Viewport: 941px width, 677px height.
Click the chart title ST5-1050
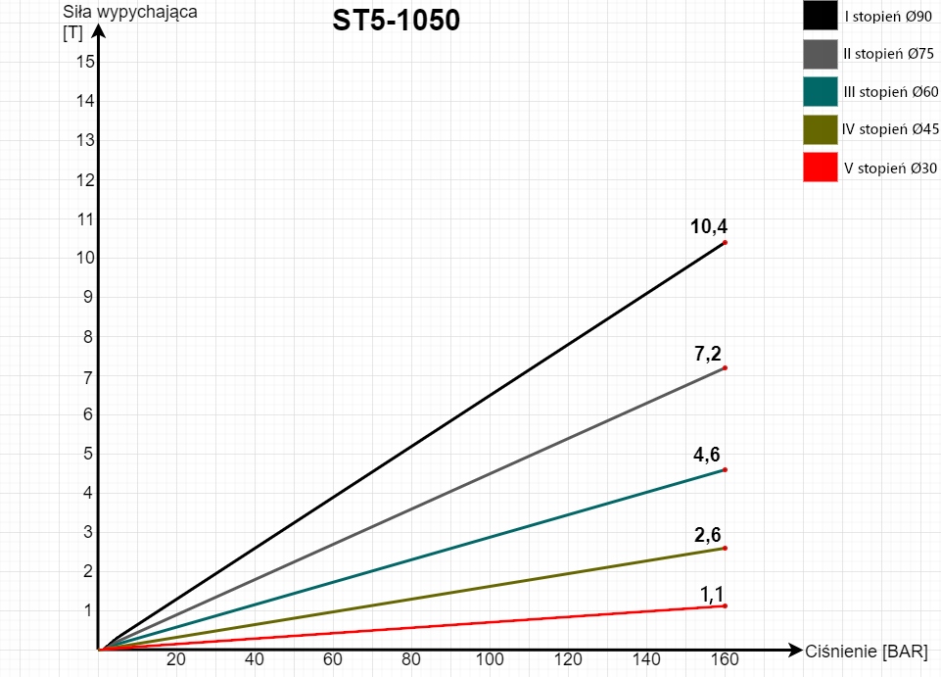click(396, 21)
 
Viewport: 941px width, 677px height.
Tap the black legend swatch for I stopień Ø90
click(820, 17)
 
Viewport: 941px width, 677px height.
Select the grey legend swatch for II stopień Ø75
click(820, 55)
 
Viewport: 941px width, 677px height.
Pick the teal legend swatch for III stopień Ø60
click(820, 92)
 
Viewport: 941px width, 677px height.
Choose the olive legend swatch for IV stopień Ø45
click(820, 130)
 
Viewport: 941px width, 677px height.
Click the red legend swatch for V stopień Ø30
click(820, 168)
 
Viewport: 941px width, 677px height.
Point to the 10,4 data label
click(708, 226)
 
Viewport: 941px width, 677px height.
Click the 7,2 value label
click(708, 354)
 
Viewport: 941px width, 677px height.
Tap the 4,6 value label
click(708, 455)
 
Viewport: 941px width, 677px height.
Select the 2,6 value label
click(708, 534)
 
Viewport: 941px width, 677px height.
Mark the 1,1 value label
click(712, 593)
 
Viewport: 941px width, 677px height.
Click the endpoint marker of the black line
click(725, 242)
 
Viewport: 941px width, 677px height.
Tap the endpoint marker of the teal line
click(725, 469)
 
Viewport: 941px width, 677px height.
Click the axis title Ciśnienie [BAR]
click(866, 652)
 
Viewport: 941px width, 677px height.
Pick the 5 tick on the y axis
click(87, 454)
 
